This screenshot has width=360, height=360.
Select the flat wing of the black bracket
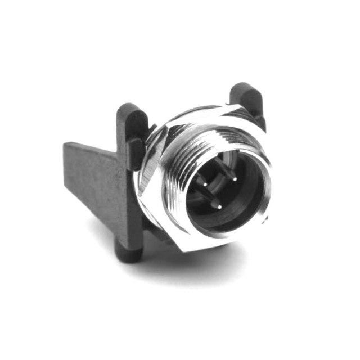click(90, 180)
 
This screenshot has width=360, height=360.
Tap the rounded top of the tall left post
click(130, 109)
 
